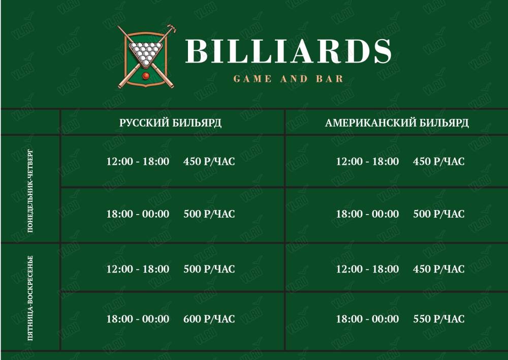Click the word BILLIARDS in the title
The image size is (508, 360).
point(289,51)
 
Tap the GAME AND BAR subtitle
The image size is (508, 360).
point(288,79)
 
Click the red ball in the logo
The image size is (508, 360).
point(146,76)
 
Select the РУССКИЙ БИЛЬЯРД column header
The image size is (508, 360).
point(170,123)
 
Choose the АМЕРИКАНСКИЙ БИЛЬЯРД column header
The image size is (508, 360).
point(397,123)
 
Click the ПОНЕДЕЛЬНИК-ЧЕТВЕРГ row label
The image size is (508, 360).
point(30,191)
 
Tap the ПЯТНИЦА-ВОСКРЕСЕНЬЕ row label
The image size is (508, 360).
point(30,298)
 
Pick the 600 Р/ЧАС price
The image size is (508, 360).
point(209,319)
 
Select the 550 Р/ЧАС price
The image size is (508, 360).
point(439,319)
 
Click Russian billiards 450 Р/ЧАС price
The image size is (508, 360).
point(209,161)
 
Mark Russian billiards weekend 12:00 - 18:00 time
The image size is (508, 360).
point(138,269)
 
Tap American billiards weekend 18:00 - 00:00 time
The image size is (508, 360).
point(367,319)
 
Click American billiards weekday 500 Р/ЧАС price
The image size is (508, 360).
point(439,214)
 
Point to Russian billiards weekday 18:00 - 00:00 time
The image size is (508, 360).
point(138,214)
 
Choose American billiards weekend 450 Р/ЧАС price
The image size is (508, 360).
point(439,269)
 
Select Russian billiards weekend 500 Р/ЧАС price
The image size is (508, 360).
point(209,269)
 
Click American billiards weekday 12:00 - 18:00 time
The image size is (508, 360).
point(367,161)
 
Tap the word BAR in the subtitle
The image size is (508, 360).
point(330,79)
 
